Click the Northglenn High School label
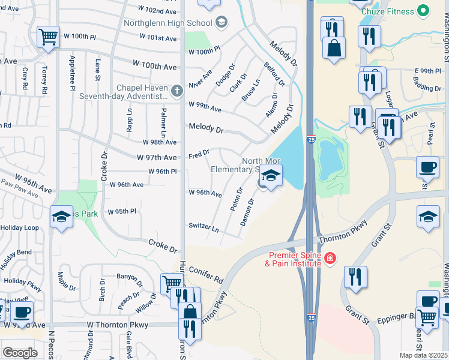click(x=168, y=23)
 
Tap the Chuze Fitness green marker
click(x=423, y=11)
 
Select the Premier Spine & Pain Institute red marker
click(x=329, y=259)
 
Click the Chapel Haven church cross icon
click(x=176, y=91)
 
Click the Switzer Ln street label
click(x=203, y=228)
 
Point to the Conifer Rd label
click(x=207, y=275)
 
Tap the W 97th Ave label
click(x=157, y=157)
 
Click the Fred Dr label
click(x=199, y=154)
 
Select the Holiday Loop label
click(x=19, y=228)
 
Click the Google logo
click(x=20, y=353)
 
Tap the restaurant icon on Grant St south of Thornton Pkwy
click(x=356, y=277)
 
